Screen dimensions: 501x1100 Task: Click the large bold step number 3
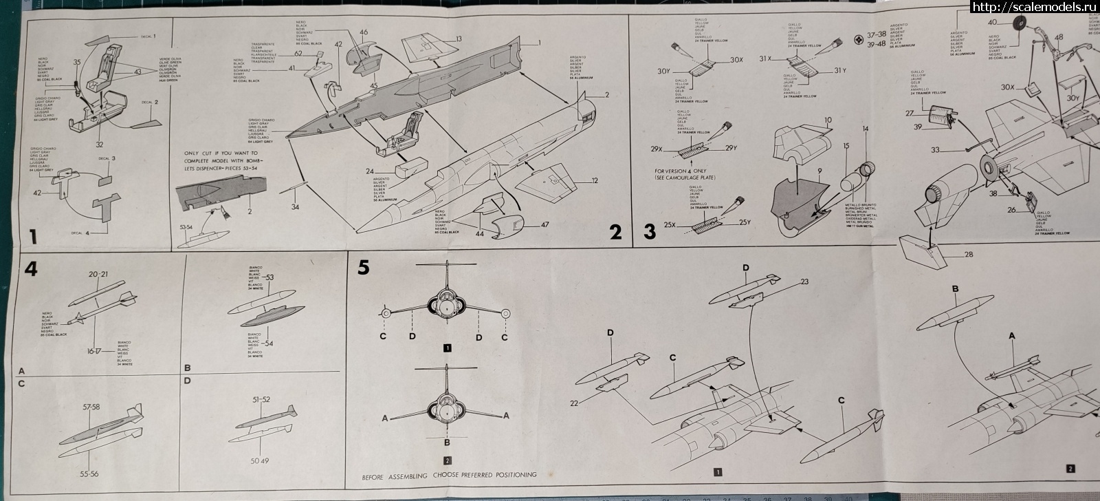click(x=650, y=232)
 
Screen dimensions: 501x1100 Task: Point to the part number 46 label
click(x=364, y=32)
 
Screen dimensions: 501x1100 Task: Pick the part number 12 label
click(x=593, y=181)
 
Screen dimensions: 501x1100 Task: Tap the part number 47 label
click(x=544, y=224)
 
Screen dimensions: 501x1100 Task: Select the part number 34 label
click(x=295, y=206)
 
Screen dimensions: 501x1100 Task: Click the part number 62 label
click(x=298, y=53)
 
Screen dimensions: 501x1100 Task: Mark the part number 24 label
click(x=369, y=171)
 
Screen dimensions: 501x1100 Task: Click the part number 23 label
click(x=804, y=281)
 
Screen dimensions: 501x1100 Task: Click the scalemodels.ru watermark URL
click(x=1033, y=8)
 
